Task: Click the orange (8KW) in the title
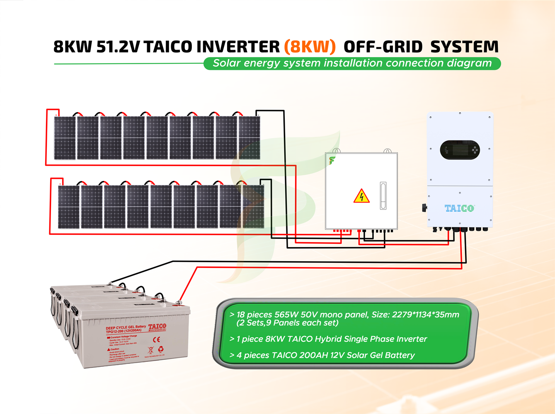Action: (310, 47)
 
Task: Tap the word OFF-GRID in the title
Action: (383, 47)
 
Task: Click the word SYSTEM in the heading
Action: (464, 47)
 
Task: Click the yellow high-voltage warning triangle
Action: (361, 196)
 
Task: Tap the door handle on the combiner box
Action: (383, 196)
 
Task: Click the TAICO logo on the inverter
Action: (459, 208)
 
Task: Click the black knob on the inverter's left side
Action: (424, 207)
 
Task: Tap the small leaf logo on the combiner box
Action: (332, 160)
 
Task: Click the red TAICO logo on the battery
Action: (157, 327)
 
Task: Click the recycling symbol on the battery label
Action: (161, 349)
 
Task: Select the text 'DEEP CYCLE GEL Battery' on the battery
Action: (126, 328)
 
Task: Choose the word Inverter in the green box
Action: (411, 339)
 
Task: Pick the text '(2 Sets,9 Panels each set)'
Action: (287, 323)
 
